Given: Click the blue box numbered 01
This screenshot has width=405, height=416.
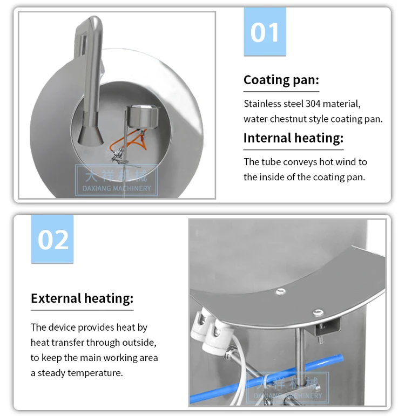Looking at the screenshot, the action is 265,32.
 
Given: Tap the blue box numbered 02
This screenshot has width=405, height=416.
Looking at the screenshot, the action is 52,239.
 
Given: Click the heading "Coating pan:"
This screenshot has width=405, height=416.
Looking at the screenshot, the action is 281,80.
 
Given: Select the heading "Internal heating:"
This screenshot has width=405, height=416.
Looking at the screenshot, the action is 293,138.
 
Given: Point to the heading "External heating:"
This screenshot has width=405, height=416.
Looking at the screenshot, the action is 82,298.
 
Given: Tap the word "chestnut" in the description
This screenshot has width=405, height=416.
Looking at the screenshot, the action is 299,119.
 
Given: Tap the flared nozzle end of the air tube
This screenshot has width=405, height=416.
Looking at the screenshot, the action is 91,135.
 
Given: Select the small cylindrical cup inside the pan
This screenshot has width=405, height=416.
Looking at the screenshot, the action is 143,117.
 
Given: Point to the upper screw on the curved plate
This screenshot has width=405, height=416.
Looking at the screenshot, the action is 281,291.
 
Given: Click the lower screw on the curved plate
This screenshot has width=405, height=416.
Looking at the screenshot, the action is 318,312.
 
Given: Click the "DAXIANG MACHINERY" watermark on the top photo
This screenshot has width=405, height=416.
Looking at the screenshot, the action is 117,188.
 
